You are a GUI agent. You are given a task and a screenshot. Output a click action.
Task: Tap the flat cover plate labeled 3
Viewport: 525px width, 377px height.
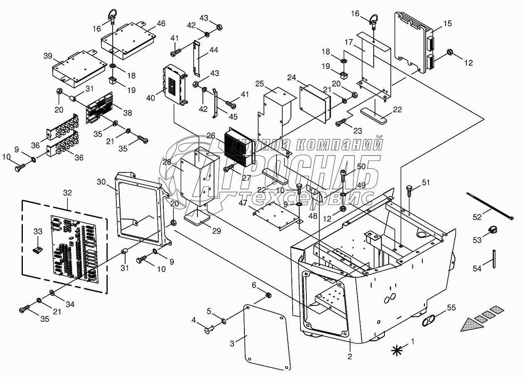coord(266,335)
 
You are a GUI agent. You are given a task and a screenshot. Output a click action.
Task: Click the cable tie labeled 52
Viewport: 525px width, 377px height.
coord(490,206)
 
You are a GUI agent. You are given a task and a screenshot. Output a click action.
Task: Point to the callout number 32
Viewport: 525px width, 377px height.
coord(67,193)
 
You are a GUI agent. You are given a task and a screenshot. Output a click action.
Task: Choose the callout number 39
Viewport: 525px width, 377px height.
coord(48,56)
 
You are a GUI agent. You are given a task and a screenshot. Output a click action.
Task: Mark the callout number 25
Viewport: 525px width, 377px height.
coord(260,83)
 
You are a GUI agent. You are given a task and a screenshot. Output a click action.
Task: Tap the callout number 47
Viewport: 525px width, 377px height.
coord(244,202)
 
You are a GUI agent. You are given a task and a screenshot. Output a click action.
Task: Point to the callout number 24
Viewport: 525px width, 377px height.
coord(292,78)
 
